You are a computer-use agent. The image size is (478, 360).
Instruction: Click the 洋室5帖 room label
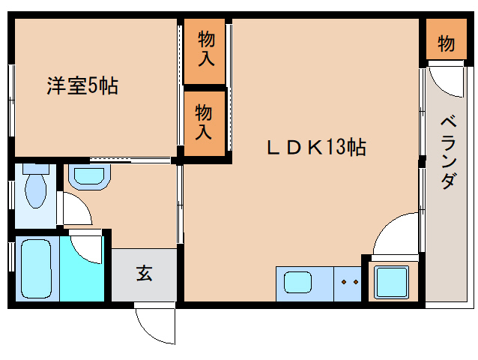tap(82, 86)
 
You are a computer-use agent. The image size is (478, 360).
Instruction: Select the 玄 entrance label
tap(144, 274)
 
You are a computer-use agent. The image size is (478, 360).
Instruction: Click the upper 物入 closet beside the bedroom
tap(205, 50)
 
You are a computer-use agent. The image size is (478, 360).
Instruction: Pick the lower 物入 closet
tap(205, 122)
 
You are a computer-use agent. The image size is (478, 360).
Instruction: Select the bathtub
tap(35, 268)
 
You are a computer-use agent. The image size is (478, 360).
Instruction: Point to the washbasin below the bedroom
tap(89, 176)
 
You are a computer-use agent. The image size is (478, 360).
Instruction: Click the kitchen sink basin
tap(297, 283)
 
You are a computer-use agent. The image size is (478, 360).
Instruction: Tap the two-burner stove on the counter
tap(348, 283)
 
